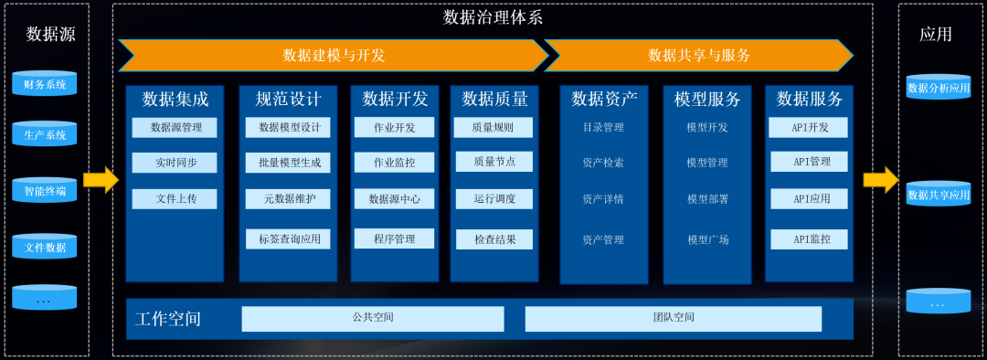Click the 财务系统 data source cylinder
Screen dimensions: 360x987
coord(45,84)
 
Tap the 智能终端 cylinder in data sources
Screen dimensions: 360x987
coord(45,191)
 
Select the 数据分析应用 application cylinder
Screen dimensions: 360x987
coord(938,88)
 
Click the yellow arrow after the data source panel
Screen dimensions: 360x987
coord(101,179)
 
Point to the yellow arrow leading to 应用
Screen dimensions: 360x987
coord(880,179)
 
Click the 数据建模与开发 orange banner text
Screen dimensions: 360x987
coord(334,55)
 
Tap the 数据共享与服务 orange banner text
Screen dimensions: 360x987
coord(699,55)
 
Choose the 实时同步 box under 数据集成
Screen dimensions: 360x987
coord(175,163)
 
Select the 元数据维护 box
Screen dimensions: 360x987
coord(288,198)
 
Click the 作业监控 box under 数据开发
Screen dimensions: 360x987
coord(394,163)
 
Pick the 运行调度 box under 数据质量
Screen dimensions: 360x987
coord(494,197)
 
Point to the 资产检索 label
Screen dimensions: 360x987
coord(603,163)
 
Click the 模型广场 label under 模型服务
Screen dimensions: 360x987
coord(707,239)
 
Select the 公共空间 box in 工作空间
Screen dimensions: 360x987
coord(373,318)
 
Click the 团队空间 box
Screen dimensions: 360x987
coord(673,318)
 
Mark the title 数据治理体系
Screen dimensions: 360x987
coord(493,16)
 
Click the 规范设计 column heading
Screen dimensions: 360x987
coord(288,99)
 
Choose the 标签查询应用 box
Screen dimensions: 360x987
coord(288,239)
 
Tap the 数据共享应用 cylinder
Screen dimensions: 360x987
coord(938,195)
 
